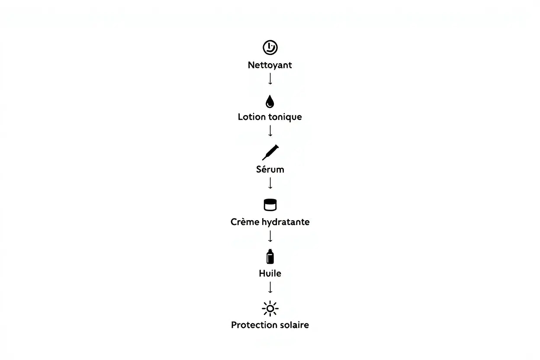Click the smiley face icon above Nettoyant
[x=270, y=47]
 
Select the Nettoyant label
[x=270, y=65]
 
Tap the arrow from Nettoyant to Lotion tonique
[x=270, y=79]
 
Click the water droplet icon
[x=270, y=102]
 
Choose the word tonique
[x=285, y=117]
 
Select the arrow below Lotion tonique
[x=270, y=131]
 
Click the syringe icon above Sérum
[x=270, y=153]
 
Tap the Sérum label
[x=270, y=169]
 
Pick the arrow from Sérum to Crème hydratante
[x=270, y=183]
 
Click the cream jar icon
[x=270, y=205]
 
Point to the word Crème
[x=245, y=222]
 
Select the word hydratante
[x=286, y=222]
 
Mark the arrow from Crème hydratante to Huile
[x=270, y=236]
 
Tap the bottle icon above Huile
[x=270, y=257]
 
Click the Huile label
[x=270, y=273]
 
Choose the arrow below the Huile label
[x=270, y=287]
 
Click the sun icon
[x=270, y=309]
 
